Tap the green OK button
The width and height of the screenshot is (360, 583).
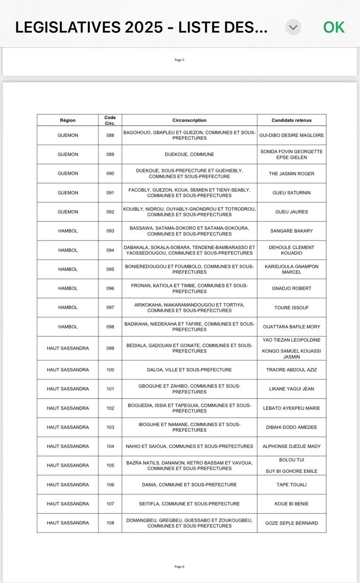pos(334,27)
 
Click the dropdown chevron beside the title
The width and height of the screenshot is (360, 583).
pos(293,27)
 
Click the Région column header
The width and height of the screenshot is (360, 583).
pos(67,120)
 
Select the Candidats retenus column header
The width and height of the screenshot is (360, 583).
pos(292,120)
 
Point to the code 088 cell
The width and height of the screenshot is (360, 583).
pos(110,135)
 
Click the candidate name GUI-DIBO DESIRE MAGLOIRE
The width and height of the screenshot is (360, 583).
pos(292,135)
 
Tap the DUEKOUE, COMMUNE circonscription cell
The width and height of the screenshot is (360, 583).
pos(189,154)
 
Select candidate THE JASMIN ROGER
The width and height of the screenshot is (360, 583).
pos(292,174)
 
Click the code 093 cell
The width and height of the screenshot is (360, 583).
pos(110,231)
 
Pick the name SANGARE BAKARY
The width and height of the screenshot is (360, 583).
pos(292,231)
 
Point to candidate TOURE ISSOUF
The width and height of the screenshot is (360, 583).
pos(292,307)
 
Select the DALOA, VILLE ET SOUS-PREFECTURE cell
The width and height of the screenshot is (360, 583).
pos(189,370)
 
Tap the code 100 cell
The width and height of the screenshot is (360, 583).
pos(110,370)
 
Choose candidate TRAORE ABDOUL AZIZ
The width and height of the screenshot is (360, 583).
pos(292,370)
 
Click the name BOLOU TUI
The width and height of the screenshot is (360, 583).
pos(292,460)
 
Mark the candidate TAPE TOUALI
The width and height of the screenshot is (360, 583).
pos(292,485)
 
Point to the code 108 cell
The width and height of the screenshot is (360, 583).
pos(110,523)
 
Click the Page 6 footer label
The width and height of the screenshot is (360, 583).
pos(180,567)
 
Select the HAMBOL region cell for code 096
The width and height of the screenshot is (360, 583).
pos(67,288)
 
